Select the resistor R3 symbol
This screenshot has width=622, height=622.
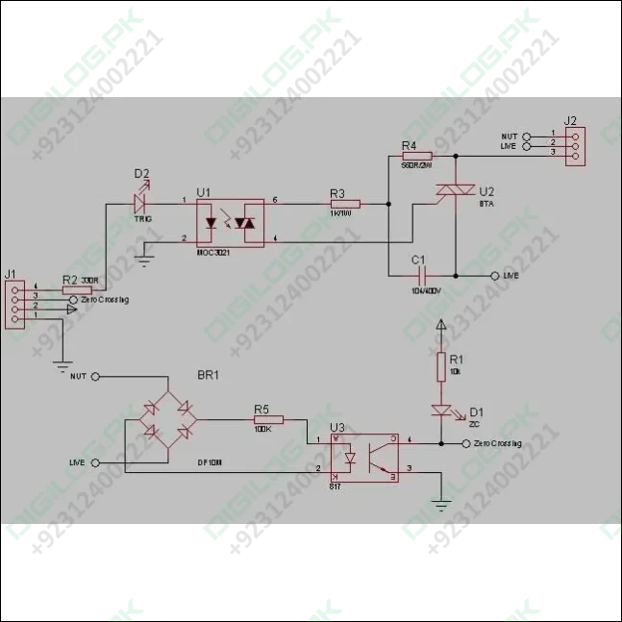343,204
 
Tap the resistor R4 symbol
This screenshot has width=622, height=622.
416,155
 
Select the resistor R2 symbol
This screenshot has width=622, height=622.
68,288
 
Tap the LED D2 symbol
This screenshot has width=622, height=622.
141,203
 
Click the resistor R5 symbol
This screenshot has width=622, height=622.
268,419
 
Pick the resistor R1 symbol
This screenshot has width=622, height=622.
441,365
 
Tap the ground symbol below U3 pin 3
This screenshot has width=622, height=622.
441,505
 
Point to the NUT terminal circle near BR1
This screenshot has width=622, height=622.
95,378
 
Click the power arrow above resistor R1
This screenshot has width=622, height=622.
441,327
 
